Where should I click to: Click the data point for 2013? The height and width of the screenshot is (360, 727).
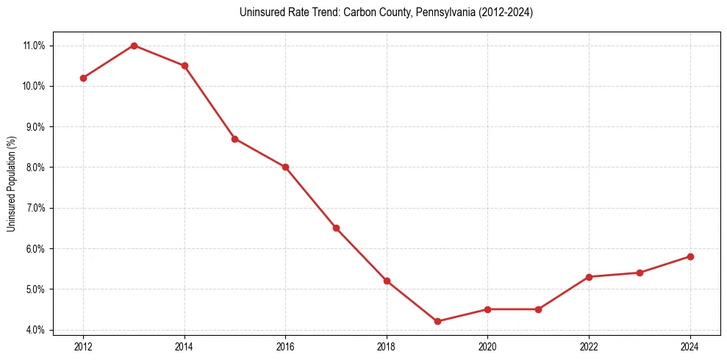tap(134, 46)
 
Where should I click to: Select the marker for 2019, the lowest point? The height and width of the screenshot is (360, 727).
tap(437, 321)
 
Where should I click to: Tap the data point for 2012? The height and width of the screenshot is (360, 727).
tap(83, 78)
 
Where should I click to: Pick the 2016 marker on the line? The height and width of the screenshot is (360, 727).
tap(285, 167)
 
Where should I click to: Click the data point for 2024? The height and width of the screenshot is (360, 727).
tap(690, 256)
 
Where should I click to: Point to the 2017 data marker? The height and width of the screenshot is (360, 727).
tap(336, 228)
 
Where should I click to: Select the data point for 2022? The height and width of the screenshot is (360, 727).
tap(589, 277)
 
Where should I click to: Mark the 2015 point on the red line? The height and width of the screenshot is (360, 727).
tap(234, 139)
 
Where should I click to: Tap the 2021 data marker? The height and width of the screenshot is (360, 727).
tap(538, 309)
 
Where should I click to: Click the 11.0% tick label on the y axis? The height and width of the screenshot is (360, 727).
tap(35, 46)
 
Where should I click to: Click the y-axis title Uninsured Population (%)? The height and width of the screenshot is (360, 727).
tap(11, 184)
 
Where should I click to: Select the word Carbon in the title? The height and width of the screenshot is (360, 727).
tap(355, 12)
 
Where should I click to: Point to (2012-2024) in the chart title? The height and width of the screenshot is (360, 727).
tap(505, 12)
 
